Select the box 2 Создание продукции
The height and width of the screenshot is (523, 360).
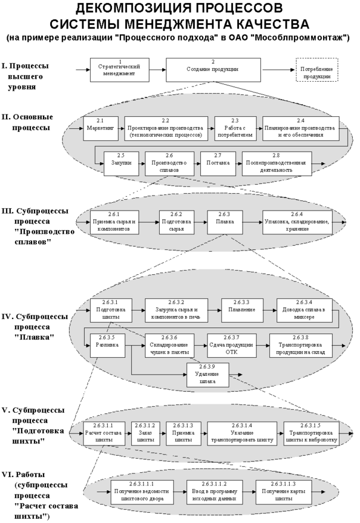click(213, 69)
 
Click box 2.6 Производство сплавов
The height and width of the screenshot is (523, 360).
click(169, 165)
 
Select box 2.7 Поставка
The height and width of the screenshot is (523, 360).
click(218, 165)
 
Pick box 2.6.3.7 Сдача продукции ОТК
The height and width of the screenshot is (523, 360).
click(231, 346)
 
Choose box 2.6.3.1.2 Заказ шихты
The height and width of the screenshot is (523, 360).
click(145, 435)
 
